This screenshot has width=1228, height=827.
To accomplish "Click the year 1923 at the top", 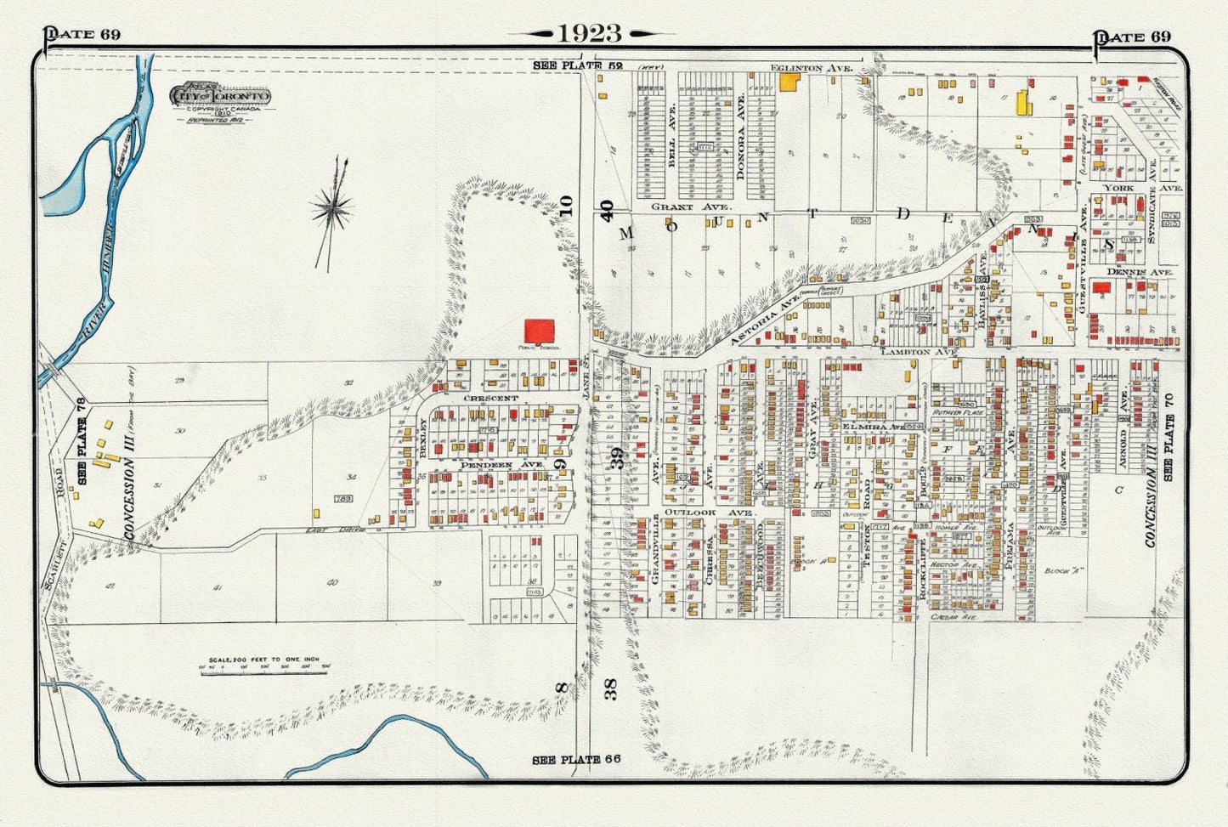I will [590, 33].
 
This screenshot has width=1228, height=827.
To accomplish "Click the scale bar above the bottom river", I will [264, 666].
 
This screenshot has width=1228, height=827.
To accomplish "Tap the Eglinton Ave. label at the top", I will [799, 66].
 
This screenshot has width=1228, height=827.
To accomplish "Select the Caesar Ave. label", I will [956, 617].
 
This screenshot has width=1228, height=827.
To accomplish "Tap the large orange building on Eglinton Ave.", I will [789, 81].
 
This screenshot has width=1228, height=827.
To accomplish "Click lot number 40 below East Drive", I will [331, 582].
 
